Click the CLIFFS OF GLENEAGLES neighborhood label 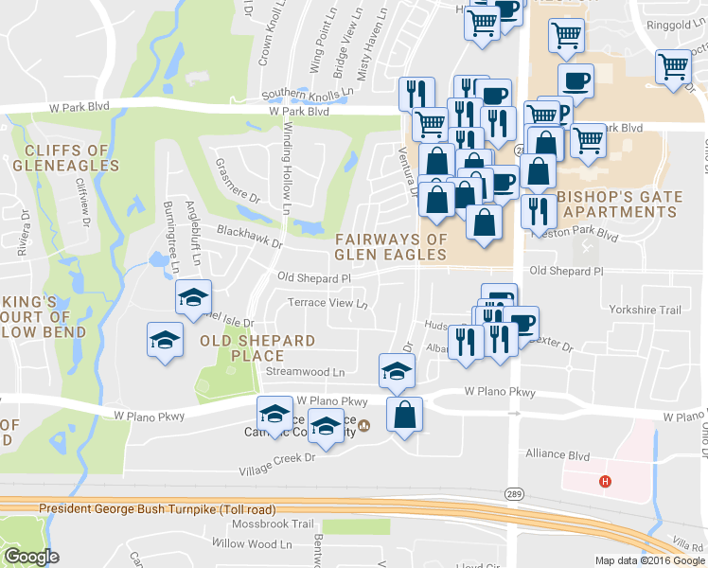pyautogui.click(x=66, y=158)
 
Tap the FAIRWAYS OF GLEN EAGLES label pyautogui.click(x=390, y=247)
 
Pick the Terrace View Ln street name pyautogui.click(x=327, y=304)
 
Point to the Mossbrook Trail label pyautogui.click(x=275, y=524)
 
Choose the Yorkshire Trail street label pyautogui.click(x=645, y=311)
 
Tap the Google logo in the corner pyautogui.click(x=31, y=557)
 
